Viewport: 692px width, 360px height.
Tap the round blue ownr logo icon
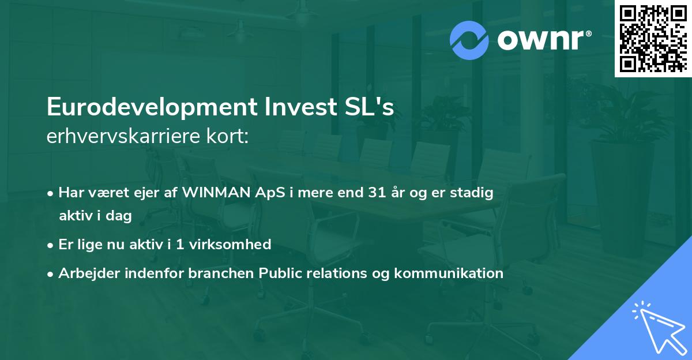point(469,40)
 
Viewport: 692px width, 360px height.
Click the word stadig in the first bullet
point(474,193)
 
